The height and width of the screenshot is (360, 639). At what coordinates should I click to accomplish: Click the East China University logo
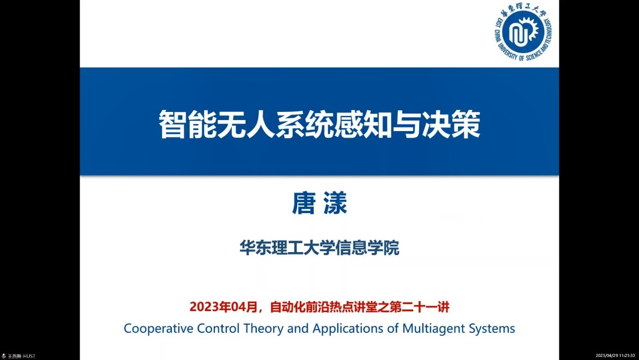point(523,32)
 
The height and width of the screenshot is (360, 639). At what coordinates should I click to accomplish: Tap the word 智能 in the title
point(187,124)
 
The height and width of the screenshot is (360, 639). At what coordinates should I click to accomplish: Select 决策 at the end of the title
point(451,124)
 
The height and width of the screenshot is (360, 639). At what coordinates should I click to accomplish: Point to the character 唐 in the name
point(304,203)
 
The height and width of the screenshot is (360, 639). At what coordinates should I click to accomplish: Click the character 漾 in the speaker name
point(335,203)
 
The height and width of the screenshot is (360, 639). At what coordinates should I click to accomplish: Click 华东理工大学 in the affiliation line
point(287,248)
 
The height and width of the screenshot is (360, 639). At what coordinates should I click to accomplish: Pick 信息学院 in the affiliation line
point(367,248)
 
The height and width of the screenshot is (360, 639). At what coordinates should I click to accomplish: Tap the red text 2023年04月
point(223,307)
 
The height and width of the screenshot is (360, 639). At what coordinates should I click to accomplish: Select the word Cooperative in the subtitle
point(158,328)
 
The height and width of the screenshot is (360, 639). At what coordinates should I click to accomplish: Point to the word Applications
point(348,329)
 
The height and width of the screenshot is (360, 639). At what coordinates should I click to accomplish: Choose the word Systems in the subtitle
point(492,329)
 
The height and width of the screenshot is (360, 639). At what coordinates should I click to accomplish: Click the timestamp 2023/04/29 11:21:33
point(615,355)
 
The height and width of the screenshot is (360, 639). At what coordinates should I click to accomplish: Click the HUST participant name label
point(21,356)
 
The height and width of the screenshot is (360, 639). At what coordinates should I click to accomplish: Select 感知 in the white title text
point(363,124)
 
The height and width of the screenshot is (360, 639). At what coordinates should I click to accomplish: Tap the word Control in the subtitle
point(218,328)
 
